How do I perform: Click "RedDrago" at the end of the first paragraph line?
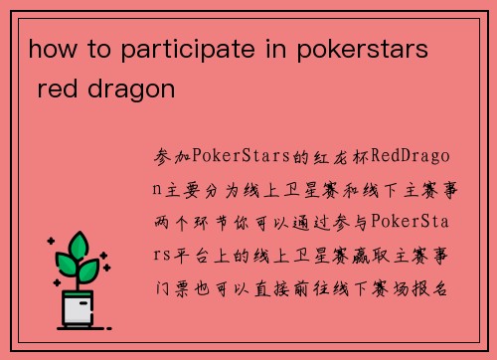[407, 157]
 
